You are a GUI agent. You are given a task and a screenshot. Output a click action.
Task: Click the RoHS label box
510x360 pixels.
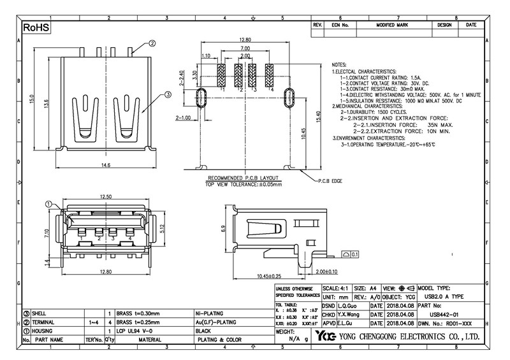pos(36,29)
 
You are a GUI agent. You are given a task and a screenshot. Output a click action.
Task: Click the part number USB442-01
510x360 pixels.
pos(444,314)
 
